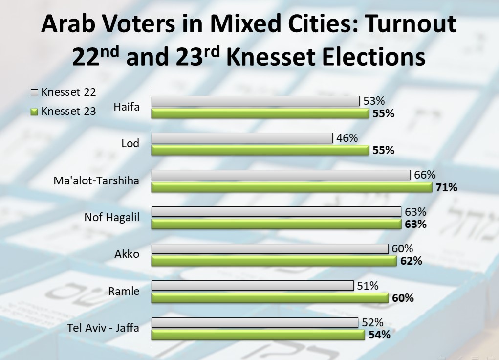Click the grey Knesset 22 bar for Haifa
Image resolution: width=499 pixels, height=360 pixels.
[x=256, y=101]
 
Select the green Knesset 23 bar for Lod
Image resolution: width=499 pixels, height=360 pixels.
[x=260, y=150]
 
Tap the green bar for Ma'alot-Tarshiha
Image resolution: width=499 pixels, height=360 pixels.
[x=292, y=187]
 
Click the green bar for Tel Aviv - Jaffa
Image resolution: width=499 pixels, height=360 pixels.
[x=258, y=335]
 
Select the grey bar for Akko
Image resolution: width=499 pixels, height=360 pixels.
[x=270, y=248]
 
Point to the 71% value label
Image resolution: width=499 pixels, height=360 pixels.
[x=446, y=187]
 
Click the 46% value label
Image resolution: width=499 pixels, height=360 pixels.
[x=347, y=138]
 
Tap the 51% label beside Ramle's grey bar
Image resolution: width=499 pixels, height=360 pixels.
[x=368, y=286]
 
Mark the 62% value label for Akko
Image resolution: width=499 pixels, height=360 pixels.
[x=411, y=261]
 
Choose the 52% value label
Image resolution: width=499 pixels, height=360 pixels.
[x=372, y=322]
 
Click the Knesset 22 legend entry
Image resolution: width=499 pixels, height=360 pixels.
[x=63, y=92]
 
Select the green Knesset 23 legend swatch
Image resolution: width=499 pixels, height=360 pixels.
[x=34, y=112]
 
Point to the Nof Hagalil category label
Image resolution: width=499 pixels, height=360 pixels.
[x=111, y=217]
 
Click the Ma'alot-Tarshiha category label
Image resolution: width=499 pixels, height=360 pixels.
[x=96, y=181]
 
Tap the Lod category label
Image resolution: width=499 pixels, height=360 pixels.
[x=130, y=144]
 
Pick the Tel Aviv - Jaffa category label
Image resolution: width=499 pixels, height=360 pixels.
[x=103, y=328]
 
